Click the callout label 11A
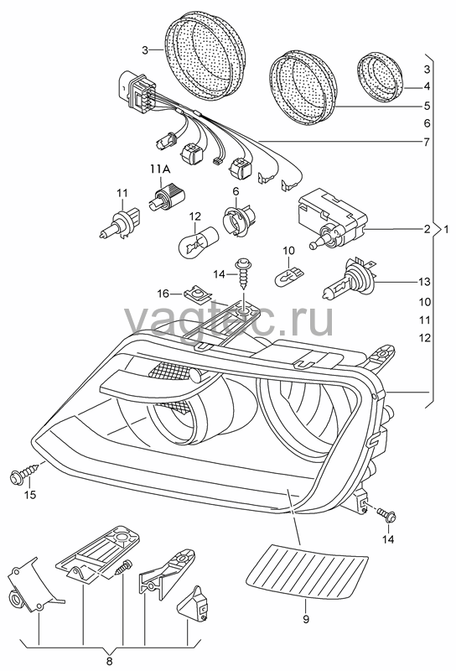tap(160, 170)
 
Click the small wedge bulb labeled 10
tap(289, 271)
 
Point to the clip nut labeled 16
tap(197, 294)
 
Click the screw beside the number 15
tap(25, 474)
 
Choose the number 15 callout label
tap(30, 495)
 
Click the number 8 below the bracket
tap(110, 661)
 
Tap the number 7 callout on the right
tap(427, 142)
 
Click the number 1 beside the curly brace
tap(446, 230)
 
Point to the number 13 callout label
tap(424, 282)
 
